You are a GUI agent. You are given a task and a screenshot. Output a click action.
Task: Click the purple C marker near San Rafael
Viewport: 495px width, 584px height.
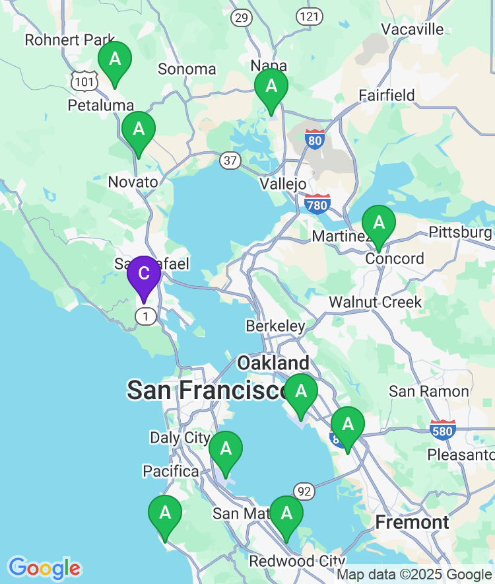tap(143, 274)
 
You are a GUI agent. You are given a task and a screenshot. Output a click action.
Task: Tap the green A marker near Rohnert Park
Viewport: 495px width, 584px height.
tap(115, 59)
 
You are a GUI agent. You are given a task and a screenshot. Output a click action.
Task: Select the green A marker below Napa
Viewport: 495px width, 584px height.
tap(271, 86)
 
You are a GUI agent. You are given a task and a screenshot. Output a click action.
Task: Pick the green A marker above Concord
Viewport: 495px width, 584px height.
tap(379, 223)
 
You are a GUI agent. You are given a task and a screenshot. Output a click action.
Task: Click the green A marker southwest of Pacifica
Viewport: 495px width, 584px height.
tap(165, 513)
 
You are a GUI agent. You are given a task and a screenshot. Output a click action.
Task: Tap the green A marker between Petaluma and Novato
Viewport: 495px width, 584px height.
tap(139, 129)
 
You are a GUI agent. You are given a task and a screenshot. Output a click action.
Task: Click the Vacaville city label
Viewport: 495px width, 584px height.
tap(412, 29)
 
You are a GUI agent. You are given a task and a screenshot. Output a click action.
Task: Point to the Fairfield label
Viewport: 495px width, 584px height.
tap(387, 95)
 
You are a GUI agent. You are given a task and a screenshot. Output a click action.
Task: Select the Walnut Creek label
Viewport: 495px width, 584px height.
tap(375, 302)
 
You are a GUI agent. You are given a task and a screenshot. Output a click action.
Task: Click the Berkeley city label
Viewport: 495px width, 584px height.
tap(275, 326)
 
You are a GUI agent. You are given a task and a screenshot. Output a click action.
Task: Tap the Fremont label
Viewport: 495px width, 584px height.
tap(412, 523)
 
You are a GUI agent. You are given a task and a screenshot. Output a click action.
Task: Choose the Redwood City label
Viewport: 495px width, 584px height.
tap(297, 562)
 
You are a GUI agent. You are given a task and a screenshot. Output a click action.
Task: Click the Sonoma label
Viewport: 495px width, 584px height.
tap(187, 69)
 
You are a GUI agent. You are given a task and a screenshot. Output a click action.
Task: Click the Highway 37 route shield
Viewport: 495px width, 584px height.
tap(230, 160)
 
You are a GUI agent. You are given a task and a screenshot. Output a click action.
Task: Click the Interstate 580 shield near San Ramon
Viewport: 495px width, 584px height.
tap(442, 430)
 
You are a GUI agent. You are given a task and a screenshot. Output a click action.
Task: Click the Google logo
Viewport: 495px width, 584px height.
tap(44, 567)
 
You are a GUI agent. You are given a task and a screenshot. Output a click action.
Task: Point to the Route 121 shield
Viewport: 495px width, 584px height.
tap(309, 17)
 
